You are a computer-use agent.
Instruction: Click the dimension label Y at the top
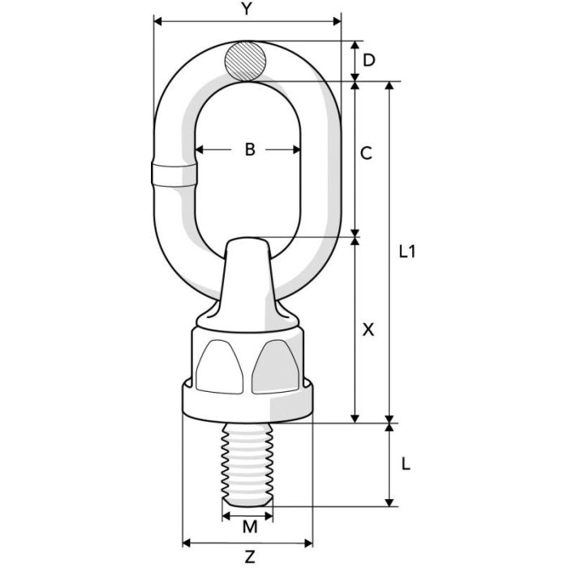point(247,10)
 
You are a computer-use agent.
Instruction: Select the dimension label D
point(369,59)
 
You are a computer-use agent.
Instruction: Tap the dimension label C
point(366,153)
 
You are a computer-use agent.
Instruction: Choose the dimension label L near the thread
point(407,464)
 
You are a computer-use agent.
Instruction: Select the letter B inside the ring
point(250,149)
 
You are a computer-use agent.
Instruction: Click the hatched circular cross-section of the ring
point(247,61)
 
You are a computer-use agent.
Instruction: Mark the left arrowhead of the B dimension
point(199,150)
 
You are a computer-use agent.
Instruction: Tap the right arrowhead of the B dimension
point(299,150)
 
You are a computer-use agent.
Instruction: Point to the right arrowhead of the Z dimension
point(309,542)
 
